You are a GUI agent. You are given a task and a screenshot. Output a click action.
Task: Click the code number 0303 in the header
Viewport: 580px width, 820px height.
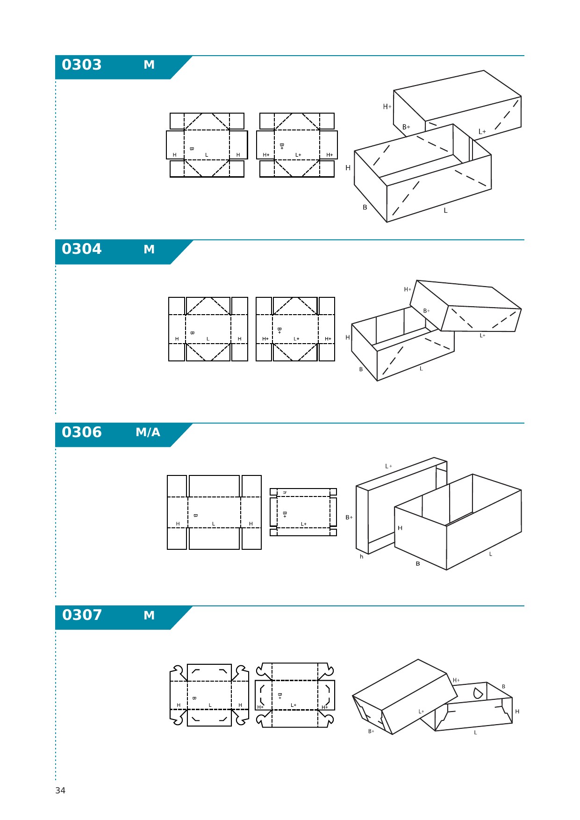pos(81,65)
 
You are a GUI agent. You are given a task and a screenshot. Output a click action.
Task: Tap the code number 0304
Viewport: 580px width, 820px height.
pos(81,249)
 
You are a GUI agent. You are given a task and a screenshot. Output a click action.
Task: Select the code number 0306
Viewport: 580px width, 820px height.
pos(81,432)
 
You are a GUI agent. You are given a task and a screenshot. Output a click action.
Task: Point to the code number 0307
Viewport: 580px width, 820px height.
pos(82,615)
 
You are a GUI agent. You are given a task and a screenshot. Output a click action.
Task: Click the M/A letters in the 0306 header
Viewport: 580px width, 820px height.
pos(148,432)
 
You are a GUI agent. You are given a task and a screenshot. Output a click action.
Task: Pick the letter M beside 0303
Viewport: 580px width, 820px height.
pos(149,65)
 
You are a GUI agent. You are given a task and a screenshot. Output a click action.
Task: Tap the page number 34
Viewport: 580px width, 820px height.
pos(60,791)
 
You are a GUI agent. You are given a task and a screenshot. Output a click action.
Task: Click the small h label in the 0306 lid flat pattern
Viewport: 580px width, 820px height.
pos(285,493)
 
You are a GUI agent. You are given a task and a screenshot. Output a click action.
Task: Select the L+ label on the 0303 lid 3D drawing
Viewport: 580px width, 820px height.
pos(482,132)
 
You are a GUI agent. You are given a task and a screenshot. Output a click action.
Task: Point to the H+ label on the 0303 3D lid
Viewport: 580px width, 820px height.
pos(387,107)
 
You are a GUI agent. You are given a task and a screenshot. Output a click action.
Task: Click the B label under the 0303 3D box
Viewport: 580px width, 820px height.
pos(365,208)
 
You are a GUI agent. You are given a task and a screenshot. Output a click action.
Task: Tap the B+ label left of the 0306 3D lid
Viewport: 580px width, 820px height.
pos(349,518)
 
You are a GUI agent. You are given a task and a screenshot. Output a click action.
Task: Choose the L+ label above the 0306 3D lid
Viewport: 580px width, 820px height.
pos(388,466)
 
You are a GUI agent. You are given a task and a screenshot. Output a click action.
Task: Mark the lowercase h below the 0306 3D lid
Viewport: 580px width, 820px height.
pos(361,557)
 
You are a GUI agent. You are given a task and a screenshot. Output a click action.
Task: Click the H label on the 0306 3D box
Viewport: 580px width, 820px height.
pos(400,528)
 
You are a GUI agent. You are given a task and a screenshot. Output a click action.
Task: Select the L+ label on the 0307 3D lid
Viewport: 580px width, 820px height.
pos(421,712)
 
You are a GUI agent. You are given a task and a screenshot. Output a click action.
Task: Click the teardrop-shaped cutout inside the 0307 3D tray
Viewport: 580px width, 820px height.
pos(478,693)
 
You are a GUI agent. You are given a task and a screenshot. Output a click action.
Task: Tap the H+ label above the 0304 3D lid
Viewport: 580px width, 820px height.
pos(408,289)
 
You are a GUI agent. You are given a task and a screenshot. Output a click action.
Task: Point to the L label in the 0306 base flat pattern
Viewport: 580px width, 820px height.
pos(214,524)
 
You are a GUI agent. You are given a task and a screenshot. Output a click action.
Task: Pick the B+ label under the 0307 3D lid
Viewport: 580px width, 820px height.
pos(371,731)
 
